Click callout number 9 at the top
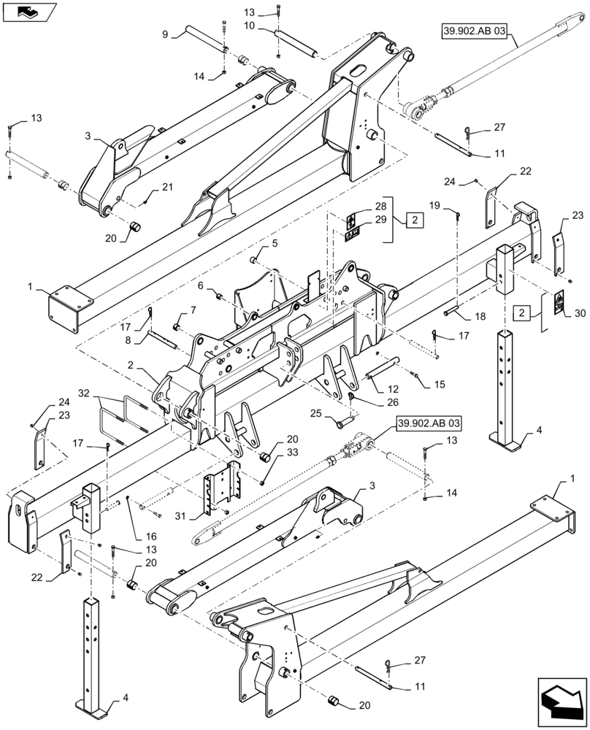(166, 34)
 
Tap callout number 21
(167, 188)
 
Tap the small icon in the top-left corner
(27, 12)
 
